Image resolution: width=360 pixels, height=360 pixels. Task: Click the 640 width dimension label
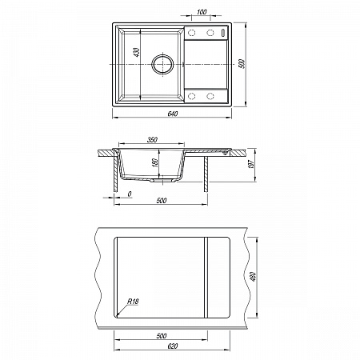coord(173,114)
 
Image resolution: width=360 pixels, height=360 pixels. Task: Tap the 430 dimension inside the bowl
coord(137,52)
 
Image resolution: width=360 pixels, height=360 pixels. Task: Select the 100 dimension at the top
coord(202,12)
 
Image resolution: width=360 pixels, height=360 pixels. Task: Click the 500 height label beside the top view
coord(242,64)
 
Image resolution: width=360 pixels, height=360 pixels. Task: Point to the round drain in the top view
coord(162,64)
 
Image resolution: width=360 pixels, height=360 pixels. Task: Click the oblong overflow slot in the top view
coord(223,33)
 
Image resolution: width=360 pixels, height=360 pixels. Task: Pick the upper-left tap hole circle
coord(191,33)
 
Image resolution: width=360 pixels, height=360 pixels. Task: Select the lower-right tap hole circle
coord(210,96)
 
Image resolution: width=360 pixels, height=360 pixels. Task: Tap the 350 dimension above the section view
coord(152,139)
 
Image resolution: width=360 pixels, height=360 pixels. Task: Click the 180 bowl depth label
coord(156,162)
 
